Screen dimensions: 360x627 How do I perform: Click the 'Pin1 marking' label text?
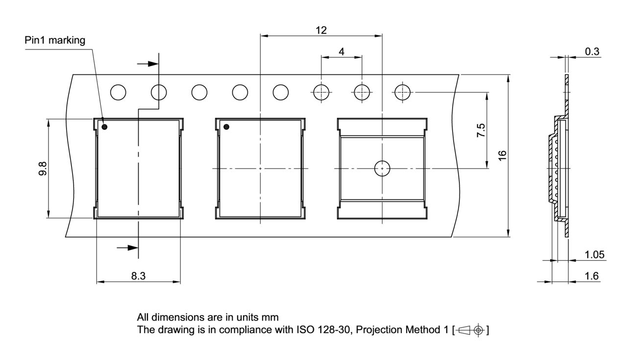55,40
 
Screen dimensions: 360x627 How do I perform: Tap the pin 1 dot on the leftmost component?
105,127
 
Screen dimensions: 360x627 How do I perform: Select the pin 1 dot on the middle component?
226,127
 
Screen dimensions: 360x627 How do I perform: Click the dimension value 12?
321,30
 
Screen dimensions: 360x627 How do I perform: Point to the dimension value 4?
341,51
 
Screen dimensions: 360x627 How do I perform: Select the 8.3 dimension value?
138,276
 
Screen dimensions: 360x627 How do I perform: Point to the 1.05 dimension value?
595,255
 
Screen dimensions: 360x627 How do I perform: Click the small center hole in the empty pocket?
382,168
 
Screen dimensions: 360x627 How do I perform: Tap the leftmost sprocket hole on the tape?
119,92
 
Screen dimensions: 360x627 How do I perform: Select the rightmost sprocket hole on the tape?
402,92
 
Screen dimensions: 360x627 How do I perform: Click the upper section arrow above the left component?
147,63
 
